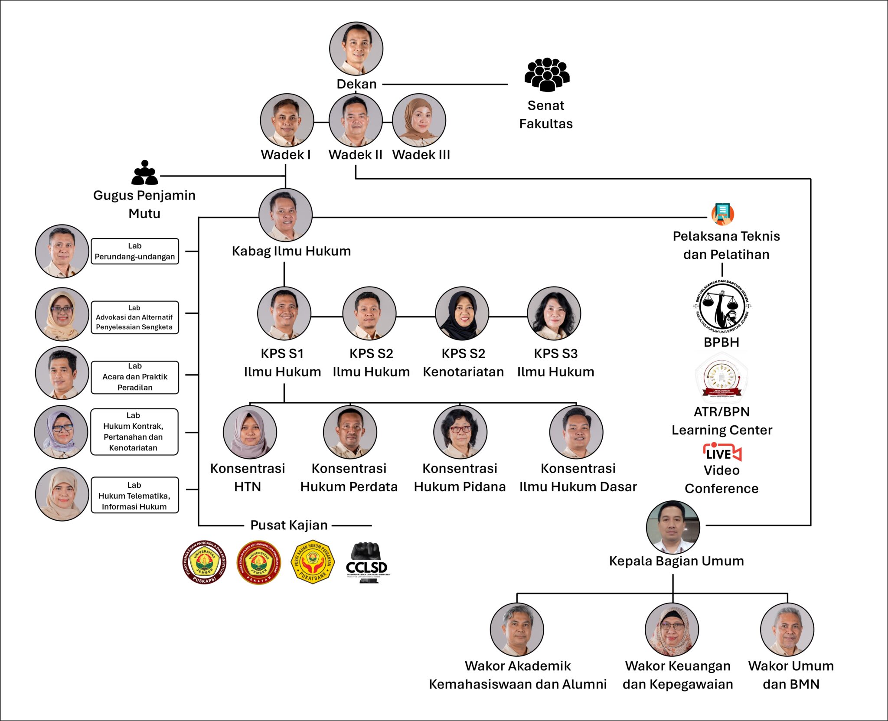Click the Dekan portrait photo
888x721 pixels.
(x=356, y=49)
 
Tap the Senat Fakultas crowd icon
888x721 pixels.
(x=547, y=75)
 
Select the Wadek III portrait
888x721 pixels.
(x=419, y=120)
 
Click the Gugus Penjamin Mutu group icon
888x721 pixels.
(x=145, y=173)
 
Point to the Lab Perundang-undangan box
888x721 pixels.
(x=135, y=251)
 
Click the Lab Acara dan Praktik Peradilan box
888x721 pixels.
(x=135, y=377)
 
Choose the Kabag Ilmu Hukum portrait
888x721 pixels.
(x=285, y=215)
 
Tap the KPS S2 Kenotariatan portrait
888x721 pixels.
(x=462, y=313)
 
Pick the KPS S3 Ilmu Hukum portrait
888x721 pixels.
(x=554, y=313)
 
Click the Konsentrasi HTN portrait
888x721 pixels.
(x=250, y=432)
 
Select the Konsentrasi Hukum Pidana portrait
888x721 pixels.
(x=460, y=432)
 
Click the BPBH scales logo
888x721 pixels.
(x=722, y=307)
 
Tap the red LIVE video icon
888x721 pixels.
(x=722, y=453)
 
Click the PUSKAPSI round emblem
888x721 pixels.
(x=204, y=562)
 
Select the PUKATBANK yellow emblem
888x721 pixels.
(x=313, y=562)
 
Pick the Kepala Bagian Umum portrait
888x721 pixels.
(x=673, y=527)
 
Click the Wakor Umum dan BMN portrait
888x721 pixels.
(x=787, y=629)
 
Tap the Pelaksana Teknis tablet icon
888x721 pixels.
(x=722, y=214)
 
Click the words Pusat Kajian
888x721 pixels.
(x=289, y=525)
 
